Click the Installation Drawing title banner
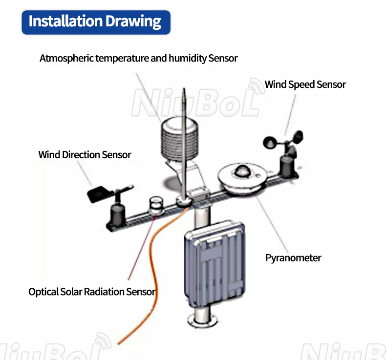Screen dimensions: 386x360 [96, 22]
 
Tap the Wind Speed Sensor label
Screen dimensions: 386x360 [305, 85]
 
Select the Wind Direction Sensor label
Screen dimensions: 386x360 [85, 155]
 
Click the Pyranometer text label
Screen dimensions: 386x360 [293, 258]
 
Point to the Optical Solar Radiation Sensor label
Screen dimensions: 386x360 [92, 292]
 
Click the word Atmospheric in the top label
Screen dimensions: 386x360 [66, 58]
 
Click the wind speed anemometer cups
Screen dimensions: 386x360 [283, 140]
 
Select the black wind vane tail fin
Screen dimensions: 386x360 [97, 194]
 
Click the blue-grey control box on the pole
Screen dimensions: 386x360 [214, 264]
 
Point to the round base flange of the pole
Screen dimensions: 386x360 [203, 320]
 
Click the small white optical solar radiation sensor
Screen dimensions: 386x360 [156, 206]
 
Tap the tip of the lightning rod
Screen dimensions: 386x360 [184, 88]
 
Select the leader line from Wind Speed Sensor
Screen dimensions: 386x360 [290, 115]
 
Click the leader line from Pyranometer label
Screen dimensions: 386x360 [272, 223]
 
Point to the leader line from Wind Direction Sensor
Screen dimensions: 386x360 [85, 173]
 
